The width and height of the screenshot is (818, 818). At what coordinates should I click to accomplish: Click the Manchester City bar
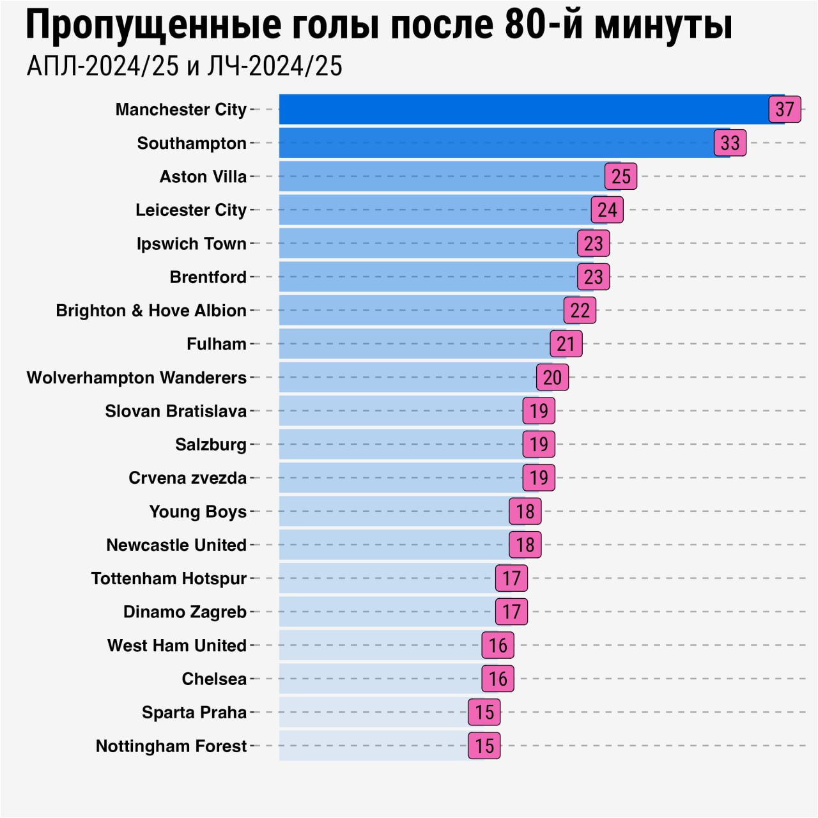coord(524,109)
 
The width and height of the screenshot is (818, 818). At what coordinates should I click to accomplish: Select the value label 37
coord(785,109)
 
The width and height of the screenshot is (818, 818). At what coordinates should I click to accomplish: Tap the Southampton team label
coord(192,143)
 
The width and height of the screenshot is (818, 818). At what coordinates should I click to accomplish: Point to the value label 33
coord(730,143)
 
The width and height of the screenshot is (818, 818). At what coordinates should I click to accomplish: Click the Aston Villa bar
coord(441,176)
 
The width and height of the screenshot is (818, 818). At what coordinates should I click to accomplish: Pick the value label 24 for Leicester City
coord(607,210)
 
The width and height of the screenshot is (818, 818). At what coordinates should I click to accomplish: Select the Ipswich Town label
coord(192,243)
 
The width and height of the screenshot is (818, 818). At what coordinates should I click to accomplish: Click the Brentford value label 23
coord(593,277)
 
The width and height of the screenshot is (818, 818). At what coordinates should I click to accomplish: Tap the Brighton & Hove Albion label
coord(151,311)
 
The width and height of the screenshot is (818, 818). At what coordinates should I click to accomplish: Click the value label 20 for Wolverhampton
coord(552,377)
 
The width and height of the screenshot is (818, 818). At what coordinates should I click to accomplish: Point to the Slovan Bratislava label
coord(176,411)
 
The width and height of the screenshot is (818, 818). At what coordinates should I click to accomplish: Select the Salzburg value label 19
coord(539,444)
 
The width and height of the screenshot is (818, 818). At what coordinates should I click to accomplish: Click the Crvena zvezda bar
coord(400,477)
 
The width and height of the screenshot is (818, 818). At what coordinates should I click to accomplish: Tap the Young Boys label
coord(198,511)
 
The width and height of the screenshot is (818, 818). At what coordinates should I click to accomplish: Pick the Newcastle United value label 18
coord(525,544)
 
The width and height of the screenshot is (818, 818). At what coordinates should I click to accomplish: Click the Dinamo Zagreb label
coord(185,612)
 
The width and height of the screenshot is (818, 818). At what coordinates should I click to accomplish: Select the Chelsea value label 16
coord(498,679)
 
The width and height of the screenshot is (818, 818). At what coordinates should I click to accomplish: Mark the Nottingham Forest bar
coord(373,746)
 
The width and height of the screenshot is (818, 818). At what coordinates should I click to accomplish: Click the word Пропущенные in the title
coord(153,26)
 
